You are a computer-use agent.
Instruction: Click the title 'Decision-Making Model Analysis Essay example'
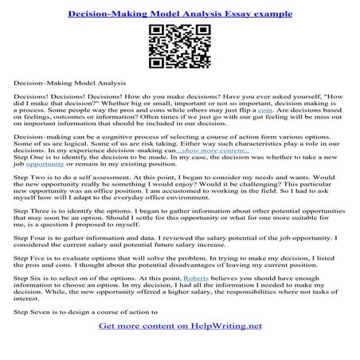pyautogui.click(x=179, y=14)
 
